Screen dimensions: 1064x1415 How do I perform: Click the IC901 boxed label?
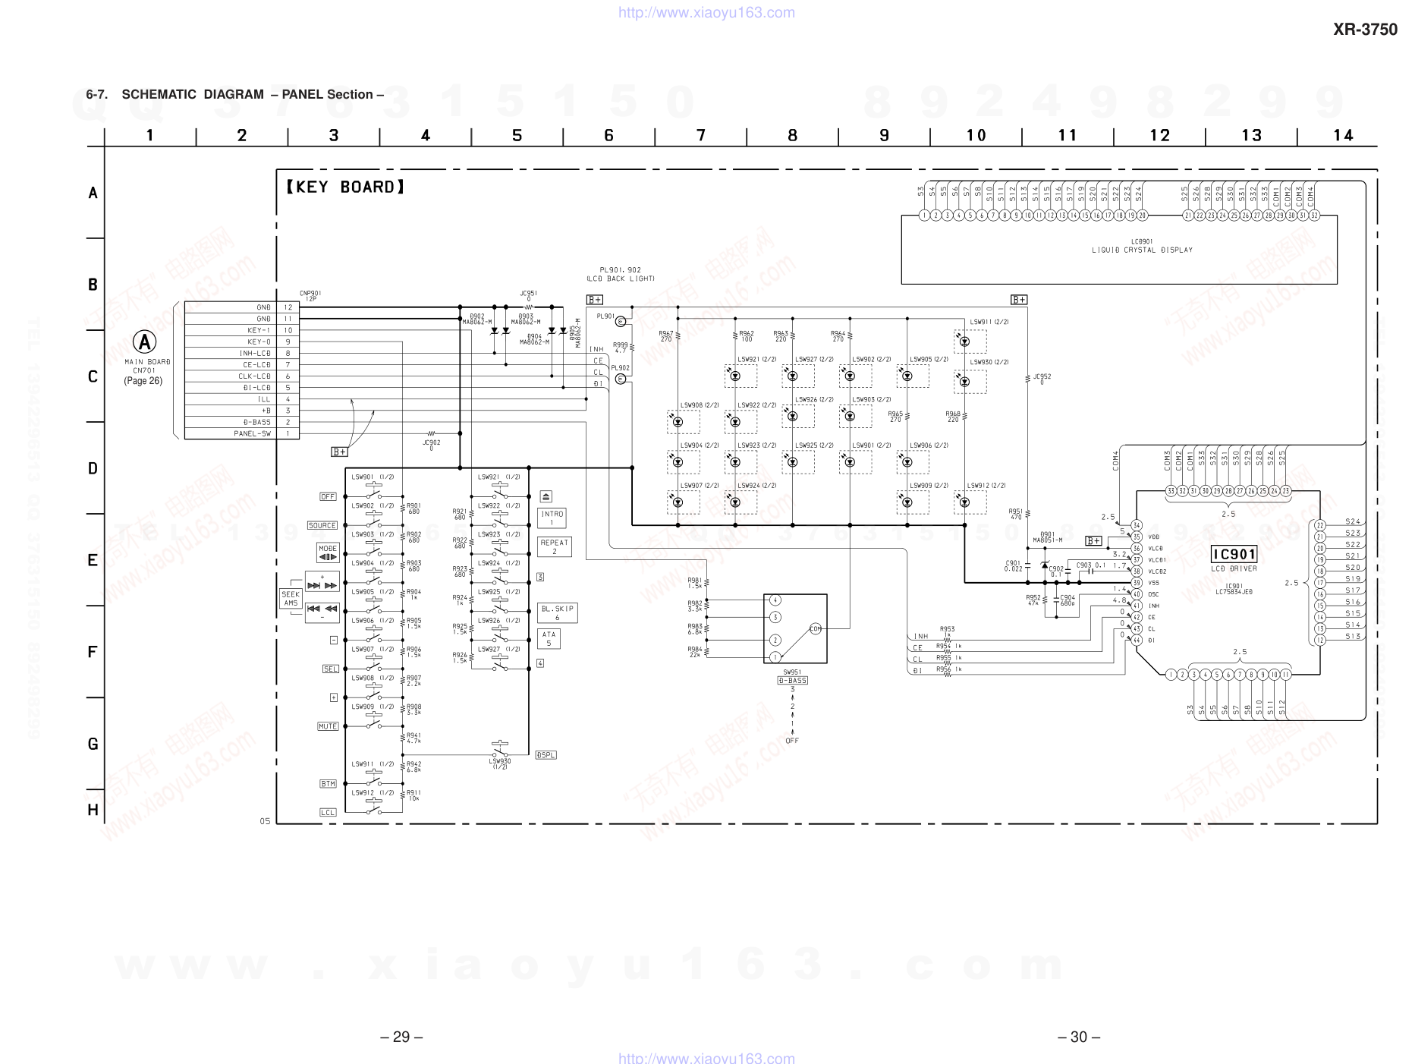pyautogui.click(x=1234, y=554)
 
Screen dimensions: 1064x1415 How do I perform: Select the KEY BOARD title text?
pyautogui.click(x=345, y=187)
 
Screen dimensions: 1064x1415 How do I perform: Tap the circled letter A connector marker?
pyautogui.click(x=144, y=342)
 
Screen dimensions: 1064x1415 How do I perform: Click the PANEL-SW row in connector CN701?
pyautogui.click(x=241, y=433)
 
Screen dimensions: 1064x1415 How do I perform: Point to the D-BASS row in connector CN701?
pyautogui.click(x=241, y=422)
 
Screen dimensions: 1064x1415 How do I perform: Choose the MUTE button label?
pyautogui.click(x=328, y=726)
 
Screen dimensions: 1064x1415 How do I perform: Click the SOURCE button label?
pyautogui.click(x=322, y=525)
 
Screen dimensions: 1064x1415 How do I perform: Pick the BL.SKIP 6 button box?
pyautogui.click(x=558, y=612)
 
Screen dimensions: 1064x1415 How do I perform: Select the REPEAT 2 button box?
pyautogui.click(x=555, y=546)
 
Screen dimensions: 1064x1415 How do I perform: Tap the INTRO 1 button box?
pyautogui.click(x=552, y=518)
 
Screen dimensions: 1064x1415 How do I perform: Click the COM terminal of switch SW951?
pyautogui.click(x=815, y=628)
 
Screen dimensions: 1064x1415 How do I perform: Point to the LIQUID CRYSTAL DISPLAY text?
pyautogui.click(x=1142, y=250)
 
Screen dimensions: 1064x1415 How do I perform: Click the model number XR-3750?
pyautogui.click(x=1365, y=30)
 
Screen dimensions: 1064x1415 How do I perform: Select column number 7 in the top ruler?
pyautogui.click(x=701, y=136)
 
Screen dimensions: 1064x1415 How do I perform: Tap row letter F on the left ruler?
pyautogui.click(x=93, y=652)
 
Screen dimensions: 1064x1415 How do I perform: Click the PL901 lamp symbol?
pyautogui.click(x=621, y=321)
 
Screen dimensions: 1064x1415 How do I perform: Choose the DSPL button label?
pyautogui.click(x=546, y=755)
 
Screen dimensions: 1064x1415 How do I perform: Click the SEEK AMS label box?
pyautogui.click(x=291, y=599)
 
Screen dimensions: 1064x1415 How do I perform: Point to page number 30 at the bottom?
pyautogui.click(x=1078, y=1037)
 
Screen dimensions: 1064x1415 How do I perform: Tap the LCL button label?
pyautogui.click(x=328, y=812)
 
